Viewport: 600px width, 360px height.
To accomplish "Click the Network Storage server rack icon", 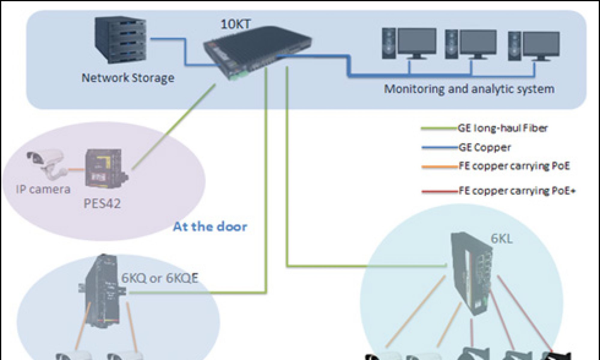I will click(x=121, y=40).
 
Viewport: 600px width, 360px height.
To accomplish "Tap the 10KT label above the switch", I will click(x=235, y=24).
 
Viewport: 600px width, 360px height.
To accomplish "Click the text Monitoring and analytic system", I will click(x=469, y=89).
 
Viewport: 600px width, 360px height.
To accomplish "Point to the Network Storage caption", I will click(x=128, y=78).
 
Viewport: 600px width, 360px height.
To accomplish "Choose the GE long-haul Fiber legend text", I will click(x=502, y=128).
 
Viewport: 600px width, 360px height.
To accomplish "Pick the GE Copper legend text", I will click(x=484, y=147).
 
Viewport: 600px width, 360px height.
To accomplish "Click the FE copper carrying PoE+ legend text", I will click(x=517, y=191).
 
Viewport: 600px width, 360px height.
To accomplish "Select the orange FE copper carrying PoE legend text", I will click(x=514, y=166).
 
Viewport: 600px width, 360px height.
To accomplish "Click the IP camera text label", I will click(x=43, y=190).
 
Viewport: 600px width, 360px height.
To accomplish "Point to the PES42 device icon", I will click(x=105, y=168).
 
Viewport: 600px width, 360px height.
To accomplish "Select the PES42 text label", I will click(x=102, y=204).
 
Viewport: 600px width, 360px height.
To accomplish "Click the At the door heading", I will click(x=210, y=226).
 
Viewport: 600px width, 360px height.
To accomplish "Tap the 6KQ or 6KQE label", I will click(x=160, y=278).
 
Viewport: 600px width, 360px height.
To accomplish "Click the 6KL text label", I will click(x=501, y=239).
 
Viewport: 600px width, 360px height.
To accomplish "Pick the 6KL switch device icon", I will click(x=472, y=273).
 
